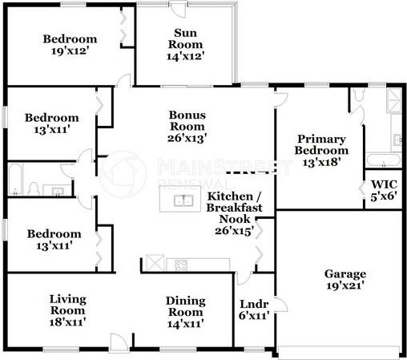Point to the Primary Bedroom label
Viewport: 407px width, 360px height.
tap(321, 144)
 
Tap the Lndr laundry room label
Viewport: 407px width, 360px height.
tap(253, 304)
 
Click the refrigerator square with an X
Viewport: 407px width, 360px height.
tap(154, 264)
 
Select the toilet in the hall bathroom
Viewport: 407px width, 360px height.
tap(33, 188)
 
